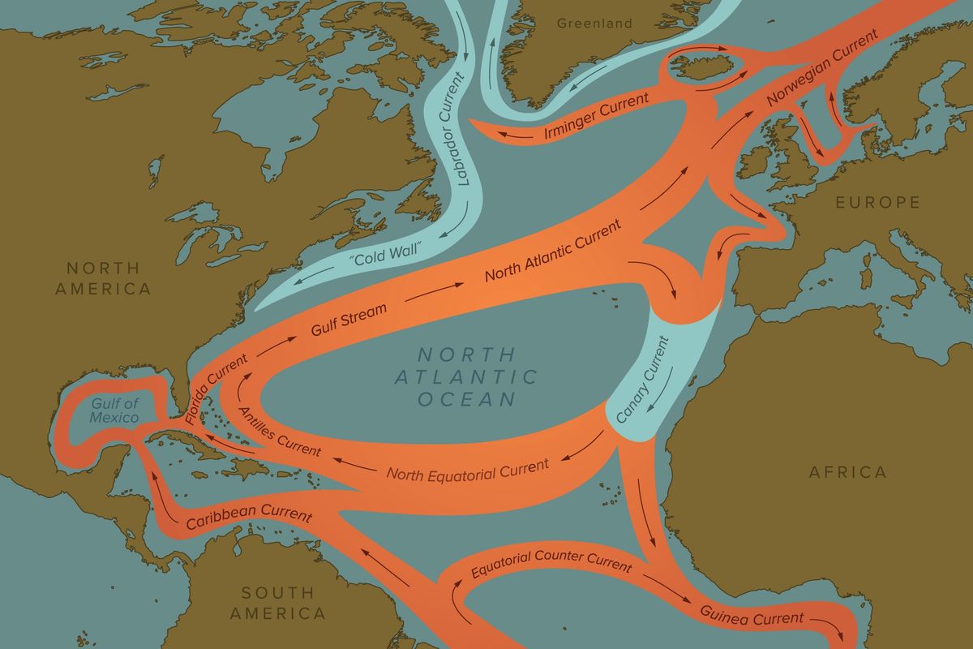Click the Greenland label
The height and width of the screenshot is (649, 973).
[594, 24]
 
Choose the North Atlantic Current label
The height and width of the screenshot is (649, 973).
[553, 251]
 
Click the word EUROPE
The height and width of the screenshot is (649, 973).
[878, 202]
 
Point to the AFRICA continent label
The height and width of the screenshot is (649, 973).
[848, 471]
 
